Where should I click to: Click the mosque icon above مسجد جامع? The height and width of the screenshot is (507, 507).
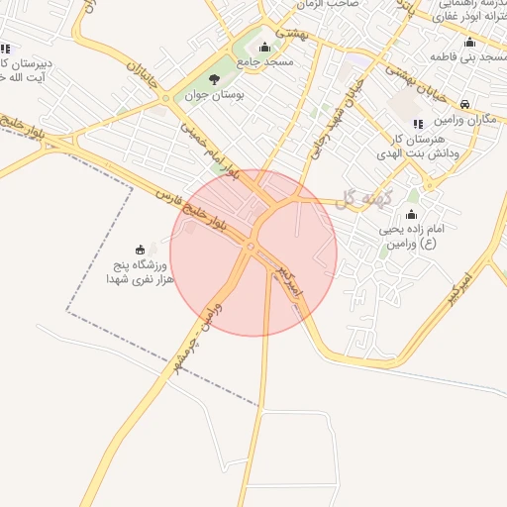263,47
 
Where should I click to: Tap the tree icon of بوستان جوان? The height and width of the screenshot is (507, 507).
214,79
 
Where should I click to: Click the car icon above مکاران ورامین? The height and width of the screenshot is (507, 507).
465,102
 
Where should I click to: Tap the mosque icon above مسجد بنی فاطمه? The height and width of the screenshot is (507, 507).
469,42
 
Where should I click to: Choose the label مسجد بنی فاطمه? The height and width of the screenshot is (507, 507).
468,58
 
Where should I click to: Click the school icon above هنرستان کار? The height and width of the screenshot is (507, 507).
417,124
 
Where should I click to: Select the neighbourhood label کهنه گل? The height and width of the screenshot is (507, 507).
363,198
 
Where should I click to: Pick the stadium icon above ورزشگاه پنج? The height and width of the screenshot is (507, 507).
140,250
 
